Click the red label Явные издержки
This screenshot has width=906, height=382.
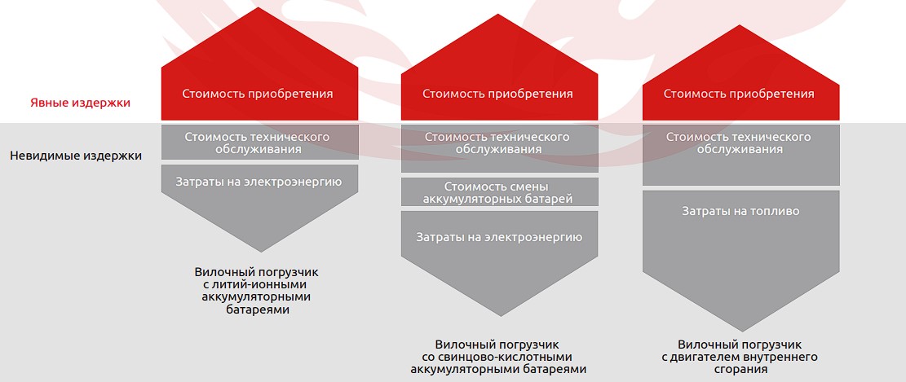80,103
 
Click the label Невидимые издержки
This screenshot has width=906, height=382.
76,156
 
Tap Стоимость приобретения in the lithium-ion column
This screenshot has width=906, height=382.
258,94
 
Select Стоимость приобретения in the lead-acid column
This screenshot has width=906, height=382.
497,94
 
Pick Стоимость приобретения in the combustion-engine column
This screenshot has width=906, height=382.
739,94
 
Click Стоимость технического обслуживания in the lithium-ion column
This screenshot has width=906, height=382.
258,143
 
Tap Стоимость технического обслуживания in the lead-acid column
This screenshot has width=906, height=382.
497,143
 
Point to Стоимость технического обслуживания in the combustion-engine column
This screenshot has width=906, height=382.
739,143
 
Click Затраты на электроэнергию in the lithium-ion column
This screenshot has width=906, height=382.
259,182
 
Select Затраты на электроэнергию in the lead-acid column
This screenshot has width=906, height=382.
499,237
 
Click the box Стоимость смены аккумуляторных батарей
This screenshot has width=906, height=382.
499,191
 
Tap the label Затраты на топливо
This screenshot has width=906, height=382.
740,211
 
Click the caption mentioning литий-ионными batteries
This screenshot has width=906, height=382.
257,290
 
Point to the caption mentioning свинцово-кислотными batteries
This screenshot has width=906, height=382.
497,357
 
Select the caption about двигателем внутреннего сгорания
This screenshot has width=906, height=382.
740,357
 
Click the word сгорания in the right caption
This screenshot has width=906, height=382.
740,369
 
